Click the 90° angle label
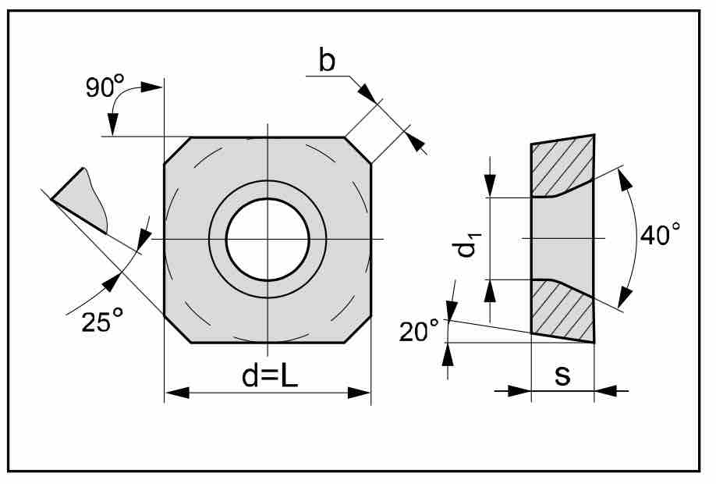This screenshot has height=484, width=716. click(105, 86)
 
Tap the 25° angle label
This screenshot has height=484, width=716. click(102, 320)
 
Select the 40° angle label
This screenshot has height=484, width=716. click(660, 234)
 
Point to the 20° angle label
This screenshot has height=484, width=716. click(419, 331)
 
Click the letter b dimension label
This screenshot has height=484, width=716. click(327, 60)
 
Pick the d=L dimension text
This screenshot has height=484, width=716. click(270, 376)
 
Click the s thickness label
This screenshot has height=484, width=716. click(562, 375)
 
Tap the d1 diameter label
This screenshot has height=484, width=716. click(466, 244)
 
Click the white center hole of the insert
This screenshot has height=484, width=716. click(268, 239)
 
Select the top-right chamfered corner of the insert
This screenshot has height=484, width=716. click(358, 150)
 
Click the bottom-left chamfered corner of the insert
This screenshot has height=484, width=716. click(177, 329)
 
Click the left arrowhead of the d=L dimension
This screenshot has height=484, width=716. click(177, 392)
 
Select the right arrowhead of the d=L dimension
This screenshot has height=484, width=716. click(359, 392)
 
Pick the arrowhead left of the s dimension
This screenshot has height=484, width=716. click(519, 391)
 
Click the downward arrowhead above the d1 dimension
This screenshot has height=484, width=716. click(490, 186)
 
